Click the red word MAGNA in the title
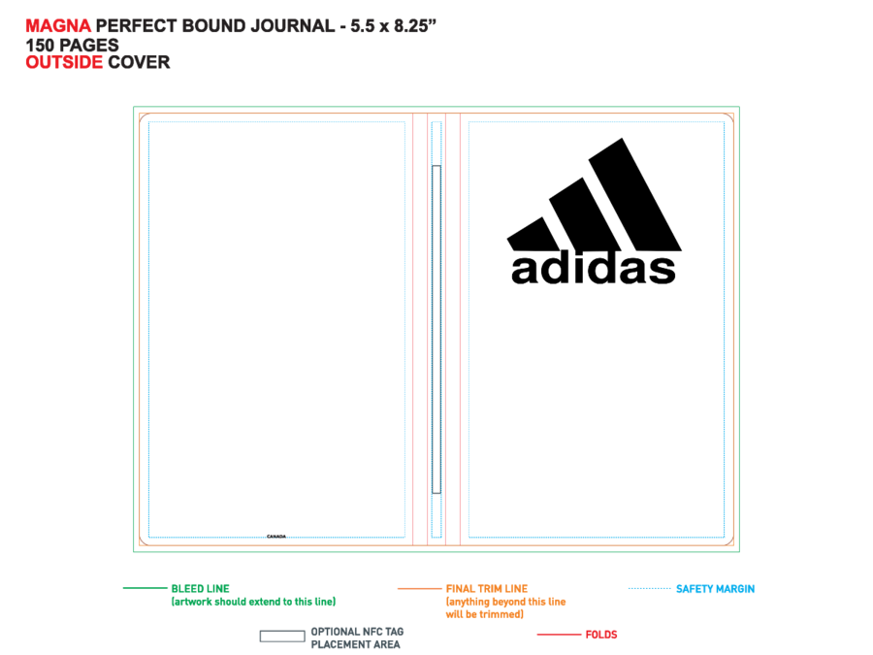tap(58, 25)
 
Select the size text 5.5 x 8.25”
tap(393, 25)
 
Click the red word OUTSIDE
tap(64, 62)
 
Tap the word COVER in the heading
tap(139, 62)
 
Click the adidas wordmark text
tap(594, 269)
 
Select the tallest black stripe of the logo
tap(634, 194)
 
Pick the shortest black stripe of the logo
tap(533, 234)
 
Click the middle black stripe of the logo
tap(585, 214)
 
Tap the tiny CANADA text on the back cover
tap(276, 537)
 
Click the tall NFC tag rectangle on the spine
tap(436, 329)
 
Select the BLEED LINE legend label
tap(201, 589)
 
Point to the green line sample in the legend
tap(145, 588)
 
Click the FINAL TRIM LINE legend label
tap(487, 589)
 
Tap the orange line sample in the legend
tap(419, 588)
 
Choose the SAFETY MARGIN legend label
tap(716, 589)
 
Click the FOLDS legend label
tap(601, 635)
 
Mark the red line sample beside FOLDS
tap(559, 635)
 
